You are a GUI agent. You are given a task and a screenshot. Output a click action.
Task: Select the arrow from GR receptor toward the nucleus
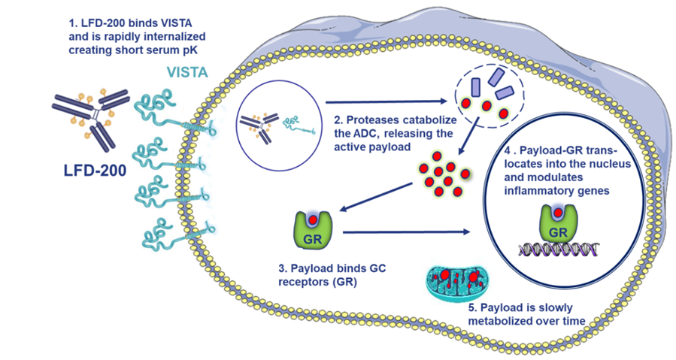point(411,234)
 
